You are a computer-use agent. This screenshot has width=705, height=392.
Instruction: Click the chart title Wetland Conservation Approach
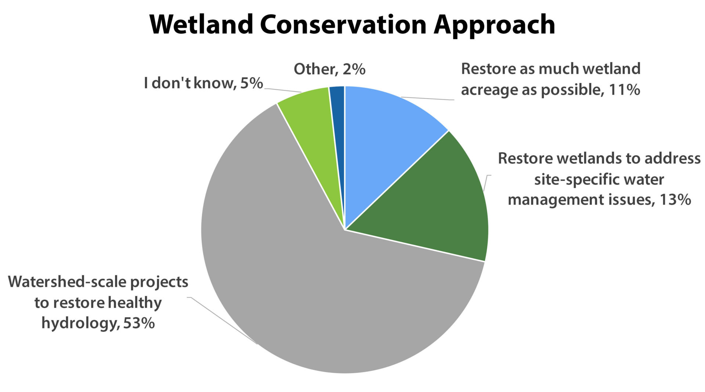tap(352, 25)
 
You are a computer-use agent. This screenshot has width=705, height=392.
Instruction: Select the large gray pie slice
tap(294, 279)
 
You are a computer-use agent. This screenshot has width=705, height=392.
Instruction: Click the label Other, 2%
tap(329, 69)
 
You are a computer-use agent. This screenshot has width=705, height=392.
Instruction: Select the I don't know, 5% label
tap(203, 83)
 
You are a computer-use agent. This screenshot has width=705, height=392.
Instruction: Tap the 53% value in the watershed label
tap(139, 323)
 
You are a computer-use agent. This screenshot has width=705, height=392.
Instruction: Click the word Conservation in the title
tap(343, 25)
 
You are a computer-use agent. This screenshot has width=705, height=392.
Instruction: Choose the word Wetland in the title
tap(201, 25)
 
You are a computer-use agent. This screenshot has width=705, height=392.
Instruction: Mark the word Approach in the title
tap(494, 26)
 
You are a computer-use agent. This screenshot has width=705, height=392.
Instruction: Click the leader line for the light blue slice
tap(428, 99)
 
